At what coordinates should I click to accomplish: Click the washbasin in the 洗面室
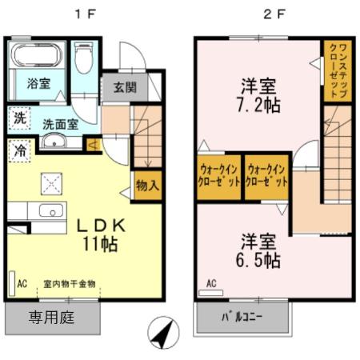[x=56, y=142]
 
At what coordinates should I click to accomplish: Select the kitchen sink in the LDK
[x=50, y=212]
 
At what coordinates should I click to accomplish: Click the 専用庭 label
[x=52, y=318]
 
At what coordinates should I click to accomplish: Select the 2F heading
[x=274, y=14]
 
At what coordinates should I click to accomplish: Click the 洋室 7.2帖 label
[x=256, y=95]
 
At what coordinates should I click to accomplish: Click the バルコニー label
[x=244, y=318]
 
